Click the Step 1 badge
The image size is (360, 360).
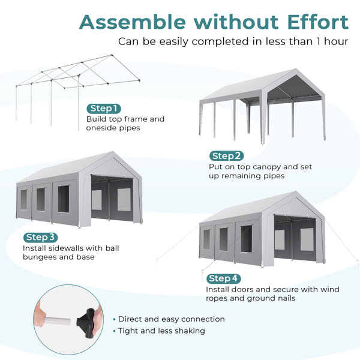104,109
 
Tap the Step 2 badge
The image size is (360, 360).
226,156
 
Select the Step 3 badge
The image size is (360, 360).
41,237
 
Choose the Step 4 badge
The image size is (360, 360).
224,278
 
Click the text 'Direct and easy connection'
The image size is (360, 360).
171,319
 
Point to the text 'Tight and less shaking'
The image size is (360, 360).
161,331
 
